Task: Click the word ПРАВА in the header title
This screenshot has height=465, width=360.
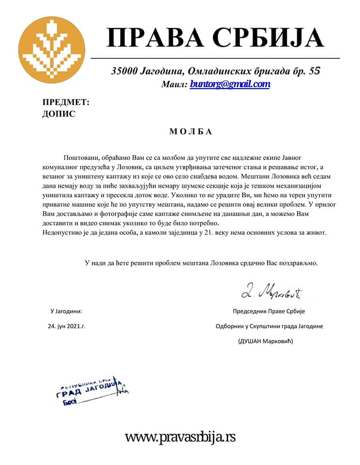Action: (x=154, y=38)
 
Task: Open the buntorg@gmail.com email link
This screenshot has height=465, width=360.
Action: (x=229, y=84)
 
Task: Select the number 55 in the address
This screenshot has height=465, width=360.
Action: (x=314, y=71)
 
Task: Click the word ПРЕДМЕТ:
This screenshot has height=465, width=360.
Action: (x=66, y=102)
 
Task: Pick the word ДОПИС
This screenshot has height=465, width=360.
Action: (x=60, y=114)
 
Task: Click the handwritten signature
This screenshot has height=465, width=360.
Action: (x=272, y=292)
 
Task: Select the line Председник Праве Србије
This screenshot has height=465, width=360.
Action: (x=269, y=311)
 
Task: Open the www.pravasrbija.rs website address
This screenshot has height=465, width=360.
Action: (x=180, y=437)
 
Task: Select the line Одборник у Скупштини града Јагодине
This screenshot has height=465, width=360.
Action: (x=269, y=326)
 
